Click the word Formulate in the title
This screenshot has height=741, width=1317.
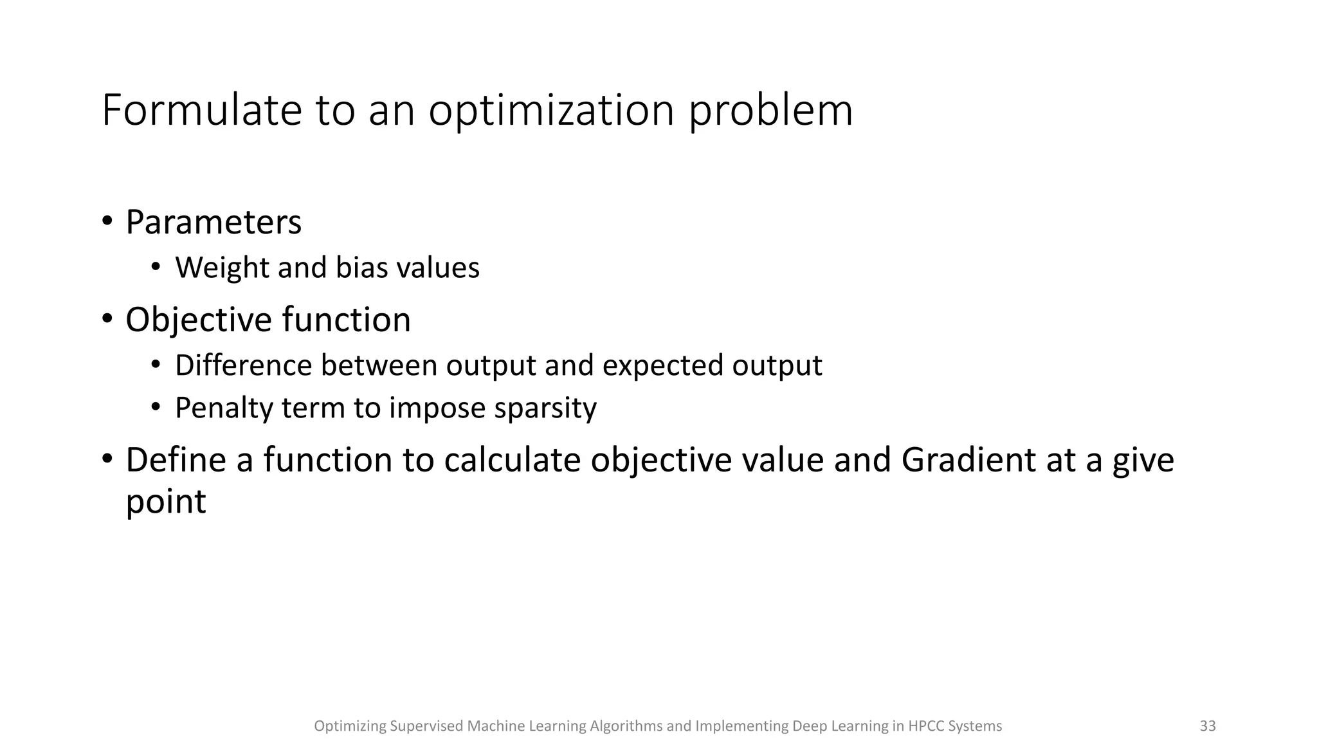[x=201, y=110]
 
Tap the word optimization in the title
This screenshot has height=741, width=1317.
[x=551, y=110]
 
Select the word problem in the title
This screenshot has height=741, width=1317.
[x=771, y=110]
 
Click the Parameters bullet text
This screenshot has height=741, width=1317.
[x=213, y=223]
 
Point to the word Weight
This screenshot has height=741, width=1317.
[x=221, y=268]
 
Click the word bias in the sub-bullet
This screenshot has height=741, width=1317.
[x=361, y=268]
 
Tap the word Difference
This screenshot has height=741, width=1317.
[x=243, y=365]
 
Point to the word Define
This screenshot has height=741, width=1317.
[x=176, y=460]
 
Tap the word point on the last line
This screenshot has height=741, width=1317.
[x=165, y=501]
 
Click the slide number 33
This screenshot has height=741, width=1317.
[x=1207, y=726]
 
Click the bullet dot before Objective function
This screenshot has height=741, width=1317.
[x=107, y=318]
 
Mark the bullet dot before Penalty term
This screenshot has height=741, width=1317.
[x=155, y=407]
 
